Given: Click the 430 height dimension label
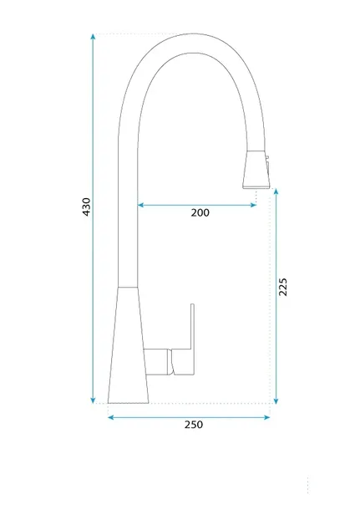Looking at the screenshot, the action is (x=86, y=207).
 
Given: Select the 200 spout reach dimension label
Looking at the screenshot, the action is (x=200, y=212).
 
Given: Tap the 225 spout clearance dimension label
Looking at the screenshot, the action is (x=283, y=287).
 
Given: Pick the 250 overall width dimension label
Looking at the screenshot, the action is (x=194, y=425).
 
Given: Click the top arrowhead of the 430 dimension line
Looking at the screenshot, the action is (x=94, y=36).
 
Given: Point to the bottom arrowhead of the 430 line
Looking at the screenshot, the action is (x=94, y=400).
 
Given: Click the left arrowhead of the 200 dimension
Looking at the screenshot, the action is (x=140, y=205).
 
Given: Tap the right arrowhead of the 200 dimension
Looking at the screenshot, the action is (x=253, y=205).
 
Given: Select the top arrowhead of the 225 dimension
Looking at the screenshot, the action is (x=276, y=191).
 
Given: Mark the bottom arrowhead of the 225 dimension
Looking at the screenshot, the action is (x=276, y=401).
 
